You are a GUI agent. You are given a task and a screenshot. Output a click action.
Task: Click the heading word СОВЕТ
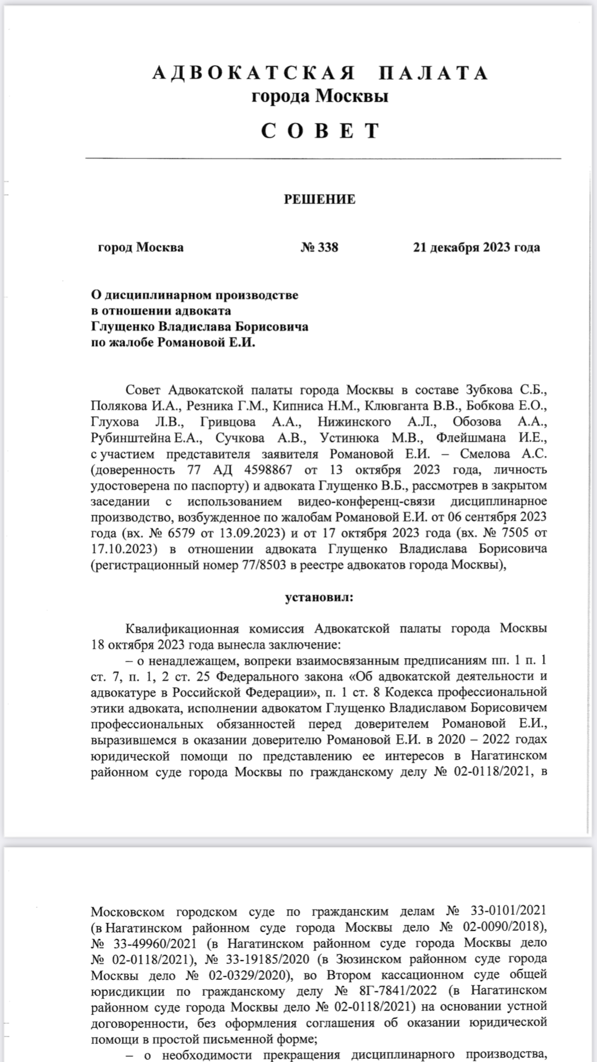coord(321,131)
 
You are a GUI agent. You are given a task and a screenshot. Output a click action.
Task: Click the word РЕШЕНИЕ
coord(319,200)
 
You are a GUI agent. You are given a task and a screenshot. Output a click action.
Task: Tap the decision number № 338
coord(319,247)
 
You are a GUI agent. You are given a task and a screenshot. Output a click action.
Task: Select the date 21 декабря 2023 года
coord(477,247)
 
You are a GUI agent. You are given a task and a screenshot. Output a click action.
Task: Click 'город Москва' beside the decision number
coord(141,247)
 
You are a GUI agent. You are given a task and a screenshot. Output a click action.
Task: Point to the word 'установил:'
coord(319,597)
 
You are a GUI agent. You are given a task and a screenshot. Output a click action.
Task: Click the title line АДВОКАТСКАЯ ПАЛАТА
coord(321,73)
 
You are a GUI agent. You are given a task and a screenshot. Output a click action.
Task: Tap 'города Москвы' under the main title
coord(319,97)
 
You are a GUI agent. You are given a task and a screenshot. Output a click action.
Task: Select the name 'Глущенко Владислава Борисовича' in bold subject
coord(200,326)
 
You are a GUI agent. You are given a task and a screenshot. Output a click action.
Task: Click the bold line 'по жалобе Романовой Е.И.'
coord(173,342)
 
